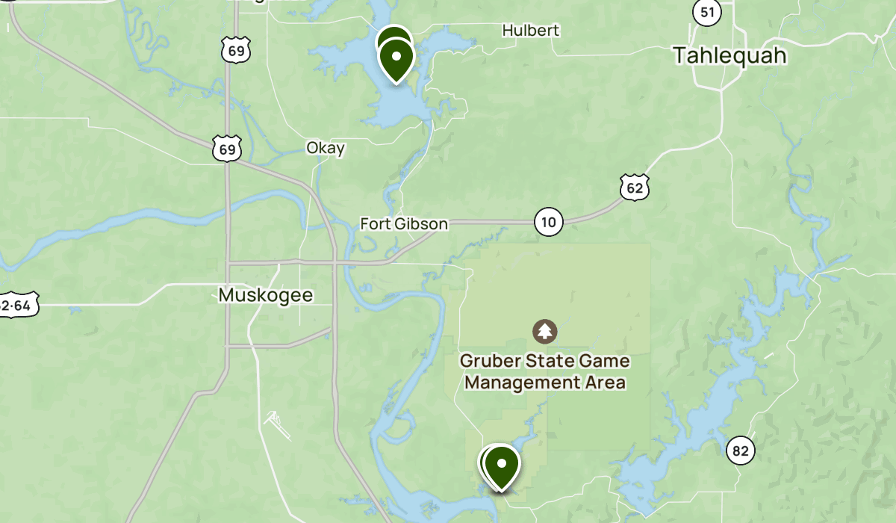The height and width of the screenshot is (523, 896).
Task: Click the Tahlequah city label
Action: (729, 55)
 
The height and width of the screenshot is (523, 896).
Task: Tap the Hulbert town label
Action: (530, 31)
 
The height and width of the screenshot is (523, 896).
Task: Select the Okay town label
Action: (326, 148)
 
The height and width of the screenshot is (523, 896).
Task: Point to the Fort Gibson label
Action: (404, 223)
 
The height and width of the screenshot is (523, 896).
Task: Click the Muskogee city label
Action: (266, 295)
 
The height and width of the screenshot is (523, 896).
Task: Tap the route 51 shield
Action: (706, 12)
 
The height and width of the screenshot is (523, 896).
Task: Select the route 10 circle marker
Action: (549, 222)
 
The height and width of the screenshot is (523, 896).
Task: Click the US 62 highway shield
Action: (634, 187)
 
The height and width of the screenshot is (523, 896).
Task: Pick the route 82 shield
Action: (740, 451)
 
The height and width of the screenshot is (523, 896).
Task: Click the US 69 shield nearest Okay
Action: (227, 149)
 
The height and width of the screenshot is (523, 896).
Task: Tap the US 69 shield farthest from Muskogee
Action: (235, 50)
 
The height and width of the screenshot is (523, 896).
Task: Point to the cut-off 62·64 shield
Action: (16, 305)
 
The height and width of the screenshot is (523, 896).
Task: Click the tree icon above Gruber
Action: (545, 330)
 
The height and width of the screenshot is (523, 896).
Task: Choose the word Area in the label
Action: (608, 383)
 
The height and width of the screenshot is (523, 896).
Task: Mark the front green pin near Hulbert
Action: (396, 58)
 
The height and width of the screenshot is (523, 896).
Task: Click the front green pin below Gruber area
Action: (503, 465)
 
